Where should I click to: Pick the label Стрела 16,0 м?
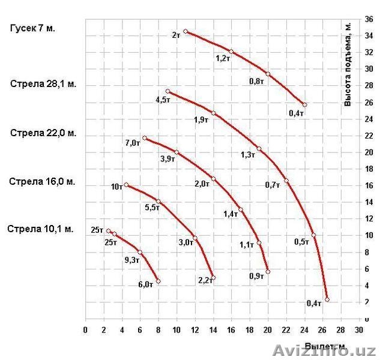pos(43,181)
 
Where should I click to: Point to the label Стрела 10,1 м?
pos(40,229)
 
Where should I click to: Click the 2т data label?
pos(176,35)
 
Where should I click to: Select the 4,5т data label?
pos(163,100)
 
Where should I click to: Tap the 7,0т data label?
pos(133,143)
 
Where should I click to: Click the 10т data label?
pos(116,187)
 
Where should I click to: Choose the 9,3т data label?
pos(131,260)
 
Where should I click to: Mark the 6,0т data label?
pos(145,285)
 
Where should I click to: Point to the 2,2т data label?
pos(205,280)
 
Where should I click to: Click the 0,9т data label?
pos(256,276)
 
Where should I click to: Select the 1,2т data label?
pos(223,58)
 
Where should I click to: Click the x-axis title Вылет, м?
pos(325,346)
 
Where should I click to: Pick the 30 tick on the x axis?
pos(359,330)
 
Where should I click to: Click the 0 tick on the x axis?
pos(85,330)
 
